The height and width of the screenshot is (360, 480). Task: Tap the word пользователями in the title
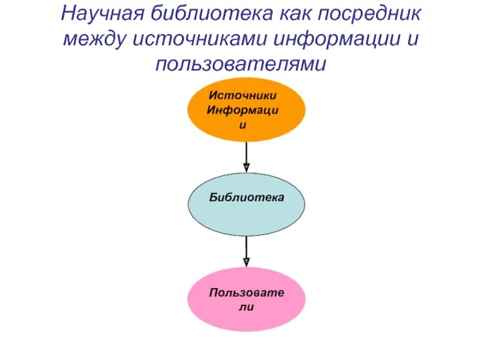pyautogui.click(x=240, y=64)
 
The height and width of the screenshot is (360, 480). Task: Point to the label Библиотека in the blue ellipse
pyautogui.click(x=247, y=197)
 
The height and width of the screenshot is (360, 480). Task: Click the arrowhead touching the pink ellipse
pyautogui.click(x=247, y=262)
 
